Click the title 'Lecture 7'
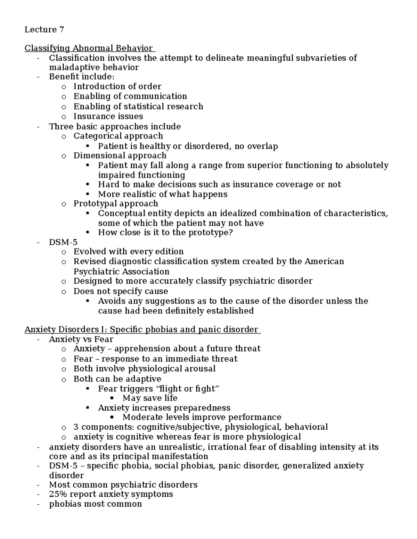pyautogui.click(x=44, y=30)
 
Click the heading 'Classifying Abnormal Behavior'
pyautogui.click(x=89, y=48)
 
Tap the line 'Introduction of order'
pyautogui.click(x=117, y=86)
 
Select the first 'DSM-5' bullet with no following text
pyautogui.click(x=63, y=242)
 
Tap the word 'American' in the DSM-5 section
pyautogui.click(x=324, y=261)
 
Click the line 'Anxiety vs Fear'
pyautogui.click(x=81, y=339)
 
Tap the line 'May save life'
pyautogui.click(x=150, y=398)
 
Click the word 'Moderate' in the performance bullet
pyautogui.click(x=143, y=417)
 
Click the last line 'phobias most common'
pyautogui.click(x=95, y=504)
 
